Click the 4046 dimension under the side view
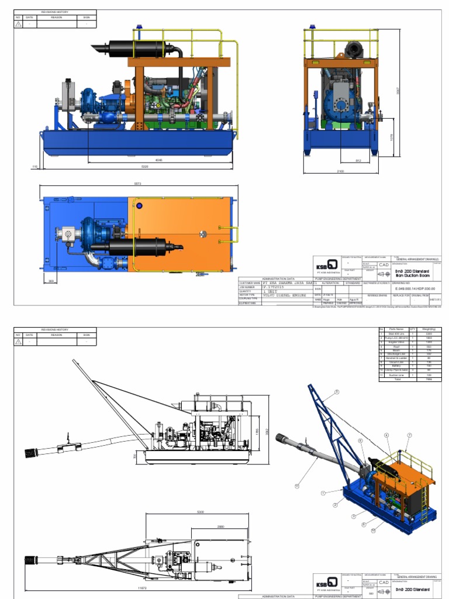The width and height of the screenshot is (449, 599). click(x=143, y=159)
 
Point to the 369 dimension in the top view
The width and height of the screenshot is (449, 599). click(x=52, y=281)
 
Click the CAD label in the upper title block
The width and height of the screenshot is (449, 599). click(x=384, y=264)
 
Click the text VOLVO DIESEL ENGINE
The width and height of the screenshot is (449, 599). click(x=285, y=295)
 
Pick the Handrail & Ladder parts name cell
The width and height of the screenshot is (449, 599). click(x=400, y=359)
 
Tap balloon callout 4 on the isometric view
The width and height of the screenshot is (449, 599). click(x=386, y=435)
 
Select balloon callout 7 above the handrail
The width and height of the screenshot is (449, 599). click(x=410, y=435)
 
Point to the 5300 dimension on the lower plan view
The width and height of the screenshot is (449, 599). click(x=201, y=512)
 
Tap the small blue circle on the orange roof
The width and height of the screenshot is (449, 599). click(x=139, y=205)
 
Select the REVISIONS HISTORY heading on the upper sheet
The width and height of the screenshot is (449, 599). click(x=54, y=12)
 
